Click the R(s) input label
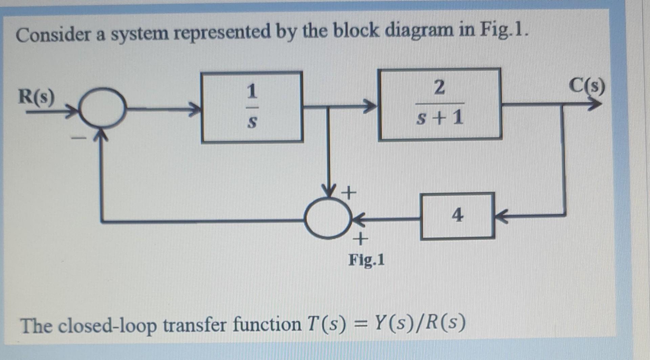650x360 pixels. (x=36, y=97)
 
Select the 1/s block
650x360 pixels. (x=252, y=107)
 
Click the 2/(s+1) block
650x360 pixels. (x=439, y=104)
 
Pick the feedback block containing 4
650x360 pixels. (x=457, y=216)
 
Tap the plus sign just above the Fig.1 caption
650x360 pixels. (x=360, y=239)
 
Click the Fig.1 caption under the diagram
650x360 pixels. (x=367, y=260)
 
